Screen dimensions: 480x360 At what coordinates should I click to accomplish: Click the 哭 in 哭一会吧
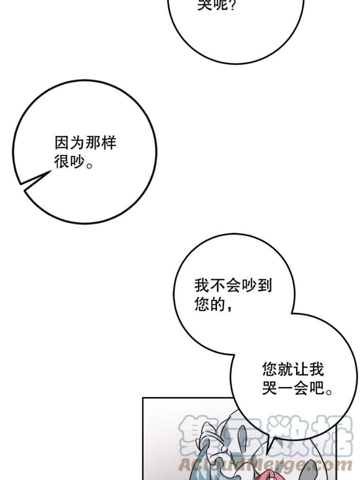coord(270,388)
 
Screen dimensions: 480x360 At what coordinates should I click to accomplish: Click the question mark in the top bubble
coord(232,5)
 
